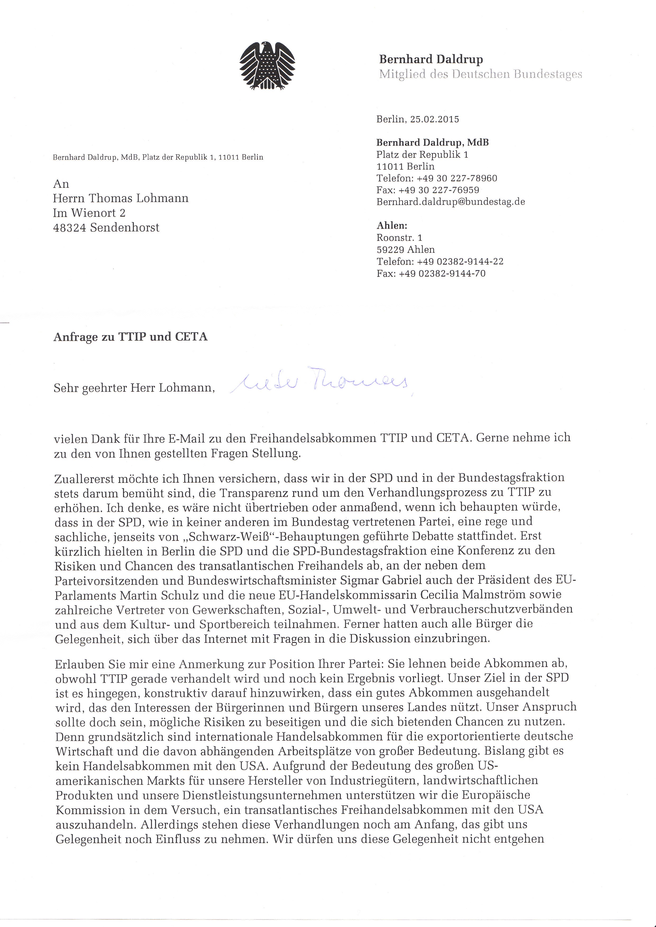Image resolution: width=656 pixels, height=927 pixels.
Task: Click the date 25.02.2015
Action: click(434, 119)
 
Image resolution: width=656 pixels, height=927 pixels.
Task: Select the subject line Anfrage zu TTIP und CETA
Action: click(130, 337)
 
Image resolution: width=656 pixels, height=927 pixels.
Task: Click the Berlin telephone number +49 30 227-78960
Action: click(457, 178)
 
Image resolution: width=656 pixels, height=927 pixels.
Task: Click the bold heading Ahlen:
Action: click(392, 226)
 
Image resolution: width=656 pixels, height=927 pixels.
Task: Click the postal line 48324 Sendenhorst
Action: click(106, 228)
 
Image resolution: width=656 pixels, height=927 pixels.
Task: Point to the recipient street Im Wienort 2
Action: click(89, 213)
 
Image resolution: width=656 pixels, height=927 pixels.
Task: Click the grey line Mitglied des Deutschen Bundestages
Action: click(480, 74)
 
